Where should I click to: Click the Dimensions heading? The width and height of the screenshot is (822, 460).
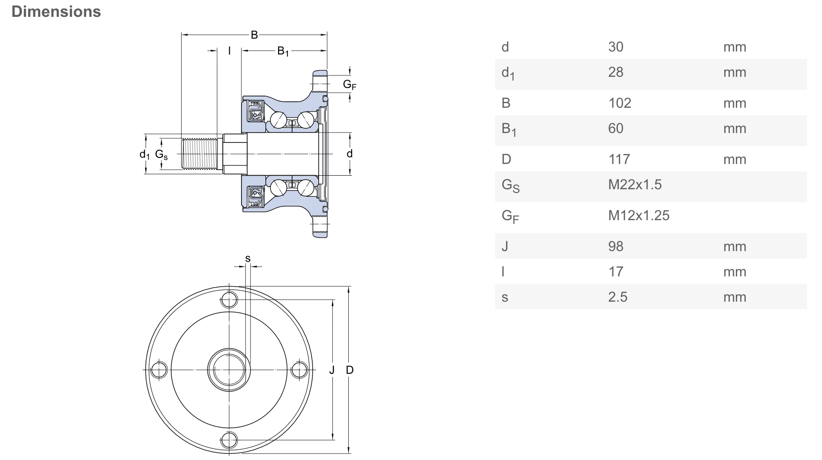[x=56, y=12]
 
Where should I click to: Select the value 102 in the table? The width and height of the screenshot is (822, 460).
[x=619, y=103]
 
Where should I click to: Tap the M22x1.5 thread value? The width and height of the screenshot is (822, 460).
[x=634, y=185]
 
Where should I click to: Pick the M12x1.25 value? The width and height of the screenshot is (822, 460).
[x=639, y=215]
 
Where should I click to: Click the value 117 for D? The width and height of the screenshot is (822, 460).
[x=619, y=159]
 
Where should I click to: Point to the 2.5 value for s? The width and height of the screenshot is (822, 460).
[x=617, y=297]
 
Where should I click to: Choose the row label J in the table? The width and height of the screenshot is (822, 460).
[x=505, y=246]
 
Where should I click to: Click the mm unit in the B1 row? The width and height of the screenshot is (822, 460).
[x=734, y=128]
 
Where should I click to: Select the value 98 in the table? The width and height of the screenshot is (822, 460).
[x=616, y=246]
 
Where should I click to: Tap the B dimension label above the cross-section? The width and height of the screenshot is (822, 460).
[x=254, y=35]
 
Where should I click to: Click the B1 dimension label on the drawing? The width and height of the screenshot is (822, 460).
[x=283, y=51]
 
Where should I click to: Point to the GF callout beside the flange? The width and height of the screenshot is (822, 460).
[x=349, y=84]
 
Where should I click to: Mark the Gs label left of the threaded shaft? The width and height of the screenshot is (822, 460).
[x=161, y=155]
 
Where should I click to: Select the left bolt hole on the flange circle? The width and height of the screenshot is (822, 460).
[x=159, y=370]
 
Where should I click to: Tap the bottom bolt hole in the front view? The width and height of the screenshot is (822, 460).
[x=229, y=440]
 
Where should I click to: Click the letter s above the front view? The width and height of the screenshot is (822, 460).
[x=248, y=259]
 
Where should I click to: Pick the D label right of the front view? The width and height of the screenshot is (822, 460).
[x=350, y=370]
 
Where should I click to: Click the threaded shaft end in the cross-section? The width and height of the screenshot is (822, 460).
[x=199, y=155]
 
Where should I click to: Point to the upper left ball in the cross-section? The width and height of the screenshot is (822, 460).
[x=278, y=119]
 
